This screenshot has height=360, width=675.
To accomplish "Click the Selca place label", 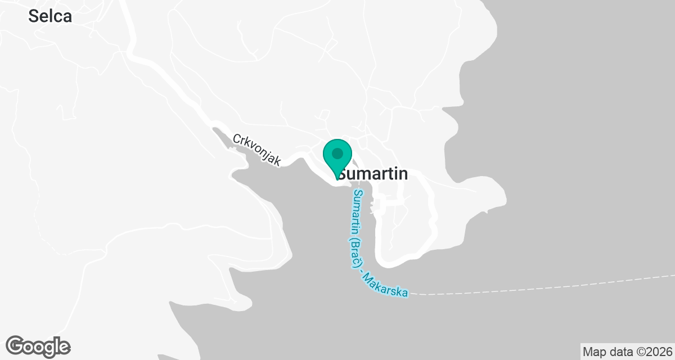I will (50, 16).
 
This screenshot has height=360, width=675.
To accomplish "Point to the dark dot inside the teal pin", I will (337, 153).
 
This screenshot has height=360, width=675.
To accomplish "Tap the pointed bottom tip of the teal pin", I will (337, 178).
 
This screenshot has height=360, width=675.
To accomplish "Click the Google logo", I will (38, 346).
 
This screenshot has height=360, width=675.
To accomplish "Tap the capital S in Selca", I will (33, 16).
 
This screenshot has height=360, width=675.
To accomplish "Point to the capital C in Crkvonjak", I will (237, 138).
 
